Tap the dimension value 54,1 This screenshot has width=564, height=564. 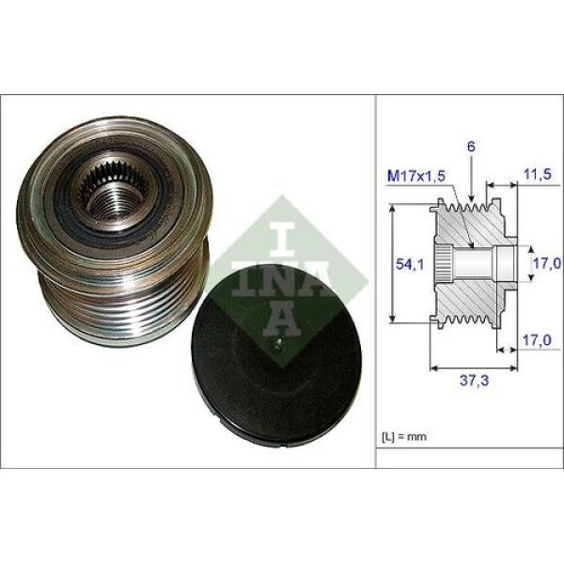(x=404, y=265)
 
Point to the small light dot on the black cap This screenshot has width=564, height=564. (x=278, y=345)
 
